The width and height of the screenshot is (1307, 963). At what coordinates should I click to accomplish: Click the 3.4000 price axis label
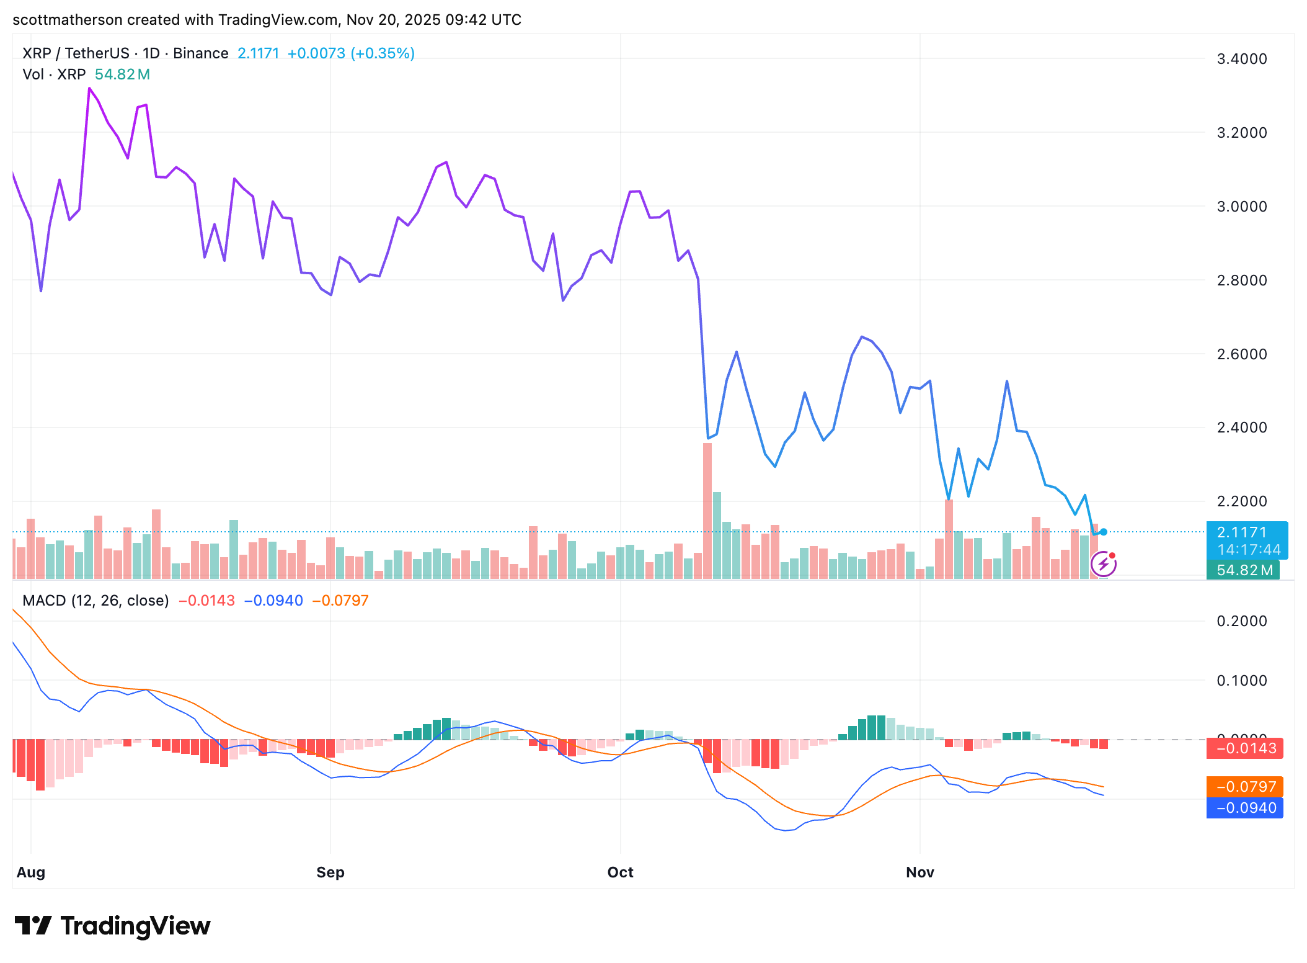[1241, 59]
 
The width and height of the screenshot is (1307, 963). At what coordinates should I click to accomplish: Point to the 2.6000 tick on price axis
[1241, 354]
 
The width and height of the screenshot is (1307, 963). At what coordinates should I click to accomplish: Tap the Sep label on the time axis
[330, 872]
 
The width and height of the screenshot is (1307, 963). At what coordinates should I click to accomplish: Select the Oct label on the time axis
[620, 872]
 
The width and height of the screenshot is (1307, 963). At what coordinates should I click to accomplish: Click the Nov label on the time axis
[919, 872]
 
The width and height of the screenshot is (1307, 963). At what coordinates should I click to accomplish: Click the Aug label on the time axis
[31, 872]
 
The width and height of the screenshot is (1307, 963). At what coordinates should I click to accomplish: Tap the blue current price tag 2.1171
[1246, 532]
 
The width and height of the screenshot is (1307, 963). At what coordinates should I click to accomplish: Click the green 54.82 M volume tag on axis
[1244, 570]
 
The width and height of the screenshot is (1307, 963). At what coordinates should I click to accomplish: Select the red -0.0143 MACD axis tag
[1245, 748]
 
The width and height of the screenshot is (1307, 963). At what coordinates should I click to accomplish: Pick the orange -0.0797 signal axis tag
[1245, 787]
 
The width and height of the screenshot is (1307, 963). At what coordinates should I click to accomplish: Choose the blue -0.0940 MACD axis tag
[1245, 808]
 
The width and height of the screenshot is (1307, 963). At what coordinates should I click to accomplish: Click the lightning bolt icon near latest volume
[1104, 564]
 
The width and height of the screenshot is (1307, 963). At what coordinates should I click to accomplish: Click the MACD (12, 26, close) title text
[95, 601]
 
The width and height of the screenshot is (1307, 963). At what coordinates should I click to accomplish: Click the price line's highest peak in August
[89, 89]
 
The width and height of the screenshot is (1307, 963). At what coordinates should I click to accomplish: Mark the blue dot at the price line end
[1104, 532]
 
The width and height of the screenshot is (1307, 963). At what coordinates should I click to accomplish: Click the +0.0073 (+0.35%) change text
[351, 53]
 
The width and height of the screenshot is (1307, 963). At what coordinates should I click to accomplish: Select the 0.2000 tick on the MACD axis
[1241, 621]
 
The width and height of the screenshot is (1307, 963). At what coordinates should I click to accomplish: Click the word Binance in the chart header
[201, 53]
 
